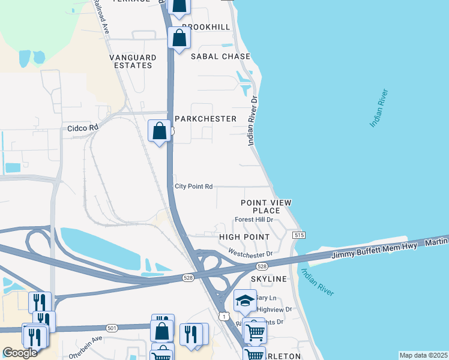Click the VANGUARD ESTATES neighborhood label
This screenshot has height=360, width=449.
[x=133, y=61]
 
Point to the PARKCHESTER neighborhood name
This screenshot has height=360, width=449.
[x=206, y=119]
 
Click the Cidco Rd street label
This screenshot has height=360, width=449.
[x=82, y=128]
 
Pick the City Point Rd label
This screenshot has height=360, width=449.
[x=194, y=187]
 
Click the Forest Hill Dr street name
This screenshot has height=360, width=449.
[x=254, y=220]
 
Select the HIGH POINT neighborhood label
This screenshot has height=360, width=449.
[x=244, y=237]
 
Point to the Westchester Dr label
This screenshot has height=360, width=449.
[x=250, y=254]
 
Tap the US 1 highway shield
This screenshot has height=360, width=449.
[x=223, y=316]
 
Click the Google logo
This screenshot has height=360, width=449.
[x=20, y=353]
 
